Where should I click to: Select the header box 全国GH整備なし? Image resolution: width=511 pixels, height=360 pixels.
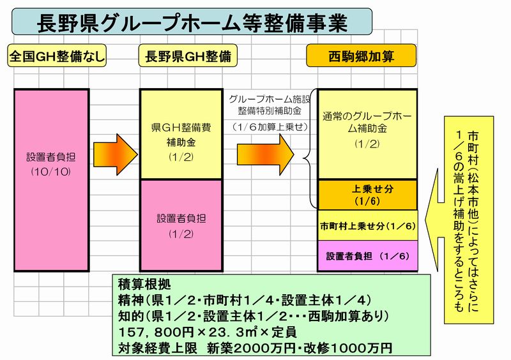click(x=57, y=56)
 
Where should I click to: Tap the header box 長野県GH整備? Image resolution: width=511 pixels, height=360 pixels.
click(x=188, y=56)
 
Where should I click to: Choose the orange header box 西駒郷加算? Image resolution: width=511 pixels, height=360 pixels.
click(x=361, y=56)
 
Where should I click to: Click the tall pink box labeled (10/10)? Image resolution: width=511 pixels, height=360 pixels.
click(x=52, y=180)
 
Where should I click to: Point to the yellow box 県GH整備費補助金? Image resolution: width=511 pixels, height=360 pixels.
click(x=181, y=134)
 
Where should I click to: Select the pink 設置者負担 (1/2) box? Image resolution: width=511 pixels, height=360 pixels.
click(x=181, y=225)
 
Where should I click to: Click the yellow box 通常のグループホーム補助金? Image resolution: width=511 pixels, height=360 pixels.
click(x=367, y=134)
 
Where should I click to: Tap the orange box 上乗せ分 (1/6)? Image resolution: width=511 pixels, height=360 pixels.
click(x=367, y=195)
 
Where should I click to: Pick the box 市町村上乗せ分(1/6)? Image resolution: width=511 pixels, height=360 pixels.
click(x=367, y=225)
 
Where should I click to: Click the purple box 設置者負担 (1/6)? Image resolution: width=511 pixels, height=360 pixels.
click(x=367, y=256)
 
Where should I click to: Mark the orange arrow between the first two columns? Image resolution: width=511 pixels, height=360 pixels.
click(x=116, y=154)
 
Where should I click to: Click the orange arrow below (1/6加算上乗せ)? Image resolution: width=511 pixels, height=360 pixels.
click(x=265, y=154)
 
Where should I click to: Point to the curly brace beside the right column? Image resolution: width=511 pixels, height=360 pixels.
click(x=309, y=149)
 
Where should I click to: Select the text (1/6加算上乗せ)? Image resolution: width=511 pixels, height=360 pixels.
click(x=270, y=127)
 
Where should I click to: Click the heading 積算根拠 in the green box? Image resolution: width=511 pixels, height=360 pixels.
click(x=144, y=285)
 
